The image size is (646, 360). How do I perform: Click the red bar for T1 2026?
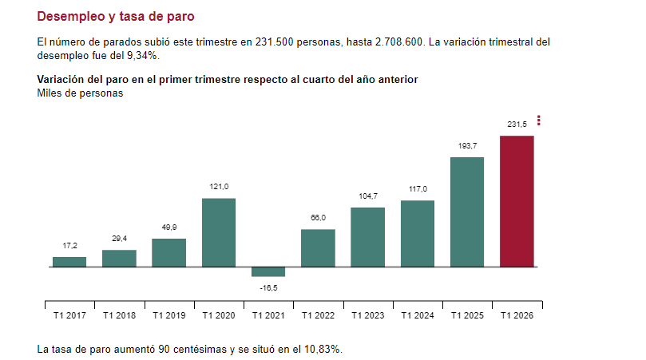click(x=517, y=201)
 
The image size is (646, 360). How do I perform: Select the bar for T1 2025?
click(x=467, y=212)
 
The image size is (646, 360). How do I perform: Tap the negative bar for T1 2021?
click(x=268, y=271)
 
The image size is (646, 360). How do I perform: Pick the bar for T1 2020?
click(x=219, y=232)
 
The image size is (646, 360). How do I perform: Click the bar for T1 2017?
click(x=69, y=262)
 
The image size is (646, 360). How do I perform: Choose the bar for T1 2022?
click(x=318, y=247)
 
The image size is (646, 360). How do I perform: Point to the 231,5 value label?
click(x=517, y=124)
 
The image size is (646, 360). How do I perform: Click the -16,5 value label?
click(x=268, y=287)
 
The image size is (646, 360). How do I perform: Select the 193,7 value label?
click(x=467, y=145)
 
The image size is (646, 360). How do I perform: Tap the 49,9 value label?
click(x=168, y=227)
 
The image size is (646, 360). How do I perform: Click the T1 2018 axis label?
click(x=119, y=315)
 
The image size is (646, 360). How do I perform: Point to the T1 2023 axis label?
click(x=367, y=315)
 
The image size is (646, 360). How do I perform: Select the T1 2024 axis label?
click(x=418, y=315)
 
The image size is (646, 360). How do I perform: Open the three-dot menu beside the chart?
click(x=539, y=121)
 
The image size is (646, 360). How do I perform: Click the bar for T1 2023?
click(x=367, y=237)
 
